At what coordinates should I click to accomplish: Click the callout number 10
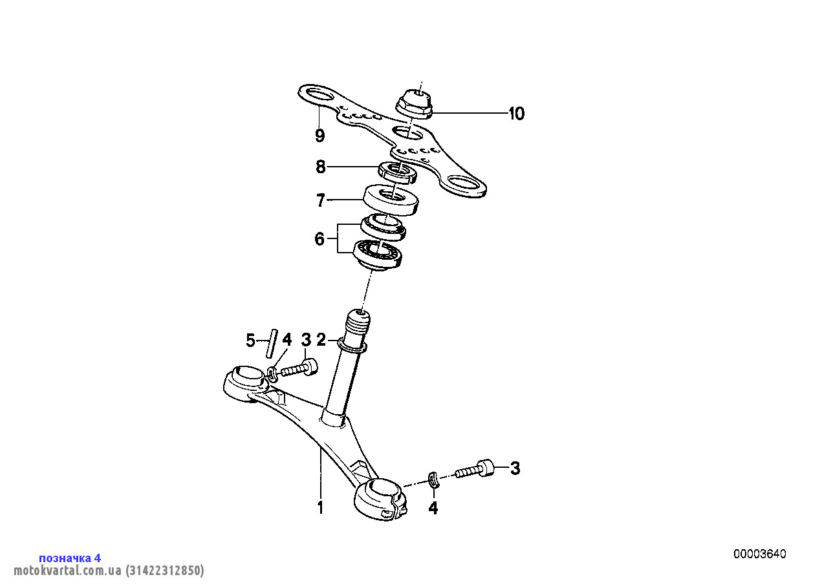[x=517, y=114]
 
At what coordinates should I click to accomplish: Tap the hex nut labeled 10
[x=414, y=103]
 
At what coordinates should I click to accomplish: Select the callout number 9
[x=319, y=136]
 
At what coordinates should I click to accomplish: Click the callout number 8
[x=321, y=167]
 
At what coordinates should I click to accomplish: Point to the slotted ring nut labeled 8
[x=397, y=173]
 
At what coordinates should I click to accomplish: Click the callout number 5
[x=251, y=341]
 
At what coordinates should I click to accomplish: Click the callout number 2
[x=321, y=339]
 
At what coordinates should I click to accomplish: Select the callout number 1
[x=320, y=507]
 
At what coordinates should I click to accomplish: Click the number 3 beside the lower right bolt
[x=515, y=468]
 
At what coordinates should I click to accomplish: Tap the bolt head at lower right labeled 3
[x=486, y=467]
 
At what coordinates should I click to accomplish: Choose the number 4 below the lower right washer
[x=433, y=508]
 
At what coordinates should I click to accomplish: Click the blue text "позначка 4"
[x=70, y=558]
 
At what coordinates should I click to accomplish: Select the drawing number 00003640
[x=760, y=554]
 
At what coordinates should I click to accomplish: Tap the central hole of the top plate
[x=407, y=133]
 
